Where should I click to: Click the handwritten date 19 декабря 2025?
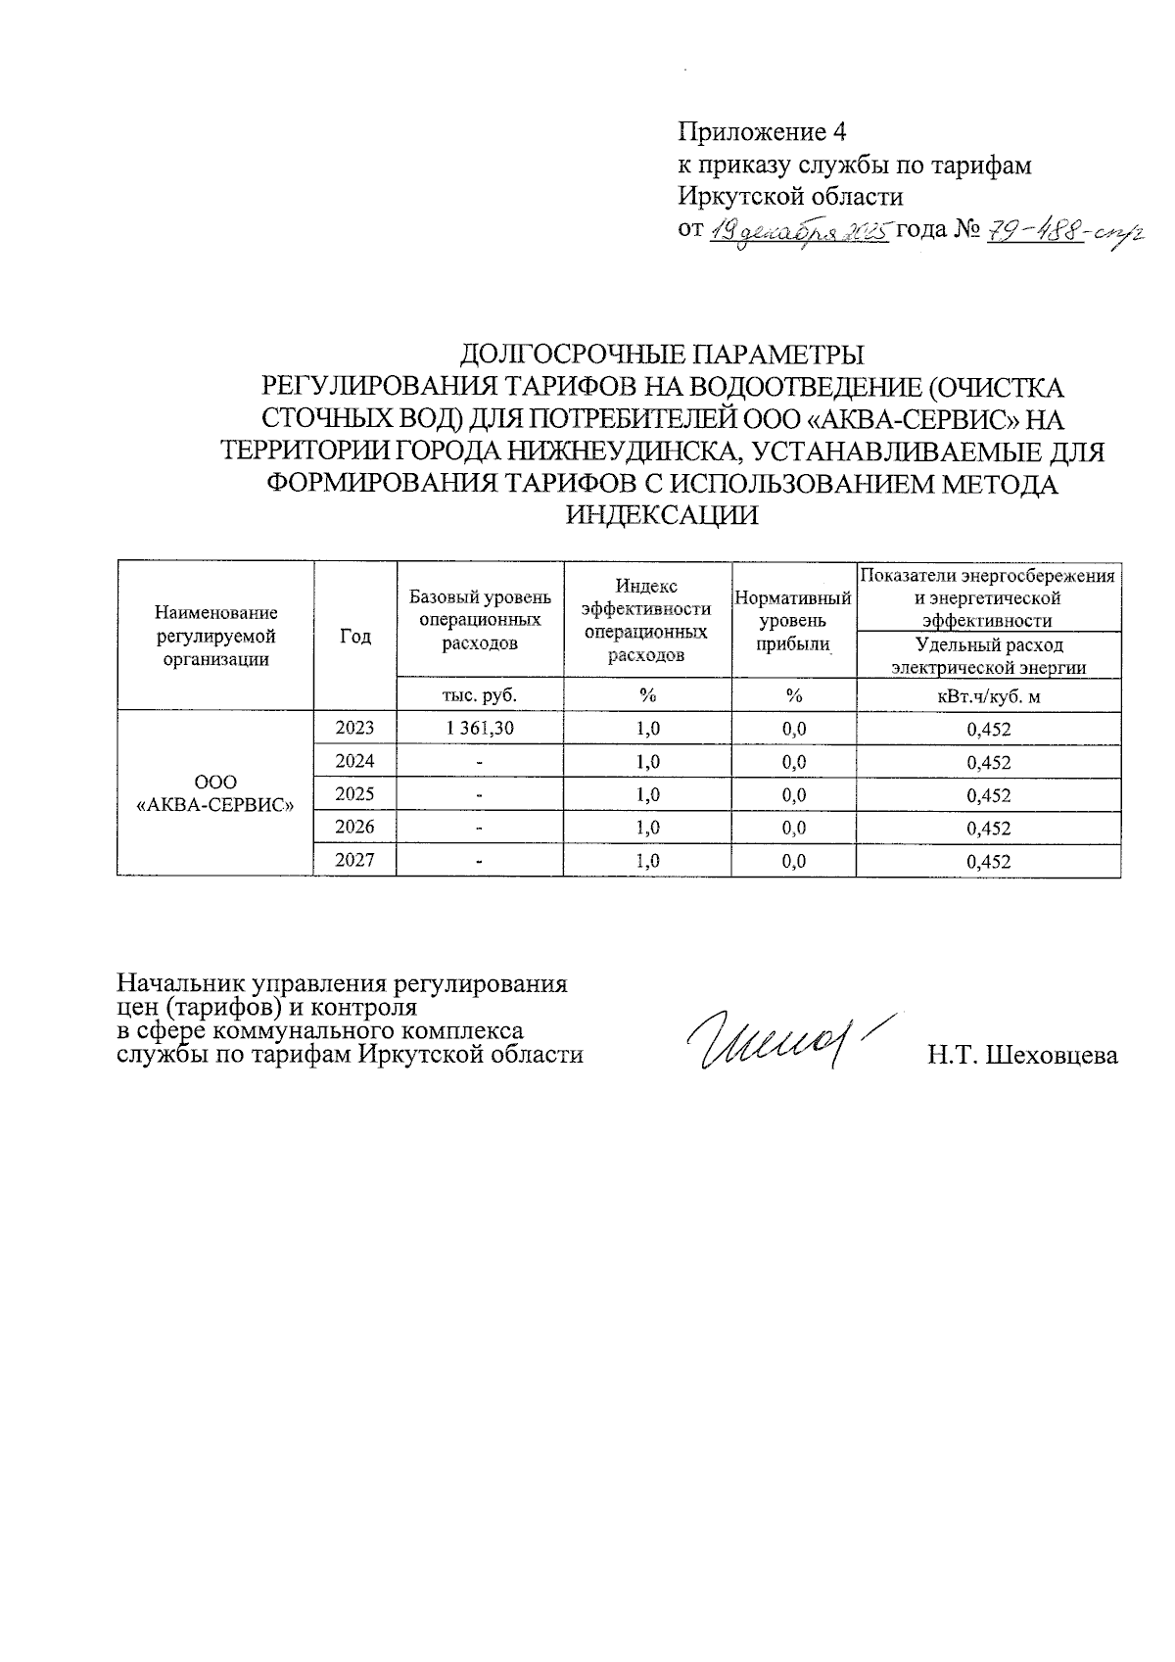click(797, 231)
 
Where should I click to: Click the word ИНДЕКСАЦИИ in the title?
click(663, 514)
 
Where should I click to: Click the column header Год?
click(355, 637)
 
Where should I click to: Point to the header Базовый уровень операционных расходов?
click(480, 620)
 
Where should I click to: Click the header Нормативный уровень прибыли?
click(793, 620)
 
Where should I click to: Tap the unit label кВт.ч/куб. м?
click(988, 695)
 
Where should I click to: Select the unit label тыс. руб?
click(480, 695)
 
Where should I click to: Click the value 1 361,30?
click(480, 728)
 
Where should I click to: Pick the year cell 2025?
click(354, 793)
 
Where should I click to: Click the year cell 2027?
click(354, 860)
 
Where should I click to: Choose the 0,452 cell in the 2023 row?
click(988, 729)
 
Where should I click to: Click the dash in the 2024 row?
click(480, 762)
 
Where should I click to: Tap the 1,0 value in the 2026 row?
click(647, 828)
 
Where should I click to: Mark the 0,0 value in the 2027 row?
click(793, 861)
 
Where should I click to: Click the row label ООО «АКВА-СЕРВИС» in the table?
click(215, 793)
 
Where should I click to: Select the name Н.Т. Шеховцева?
click(1022, 1056)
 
